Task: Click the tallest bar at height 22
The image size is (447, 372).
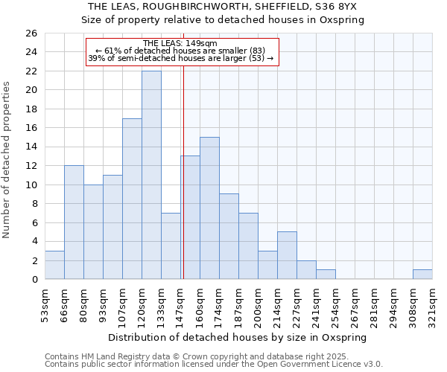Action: (151, 175)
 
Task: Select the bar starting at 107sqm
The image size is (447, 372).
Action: (132, 199)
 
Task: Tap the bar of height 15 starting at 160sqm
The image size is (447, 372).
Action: (209, 208)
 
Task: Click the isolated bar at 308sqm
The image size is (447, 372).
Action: (422, 275)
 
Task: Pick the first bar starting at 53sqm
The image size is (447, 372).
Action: (54, 265)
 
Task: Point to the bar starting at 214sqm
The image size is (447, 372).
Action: (287, 255)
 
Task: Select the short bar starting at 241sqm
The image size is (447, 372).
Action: (326, 275)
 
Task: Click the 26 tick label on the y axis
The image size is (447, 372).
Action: (31, 33)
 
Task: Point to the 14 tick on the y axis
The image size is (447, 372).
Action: (31, 147)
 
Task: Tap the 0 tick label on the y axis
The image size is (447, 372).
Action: (34, 280)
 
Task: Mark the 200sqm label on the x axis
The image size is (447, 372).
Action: (259, 306)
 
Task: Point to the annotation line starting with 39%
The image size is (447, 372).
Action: (181, 58)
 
